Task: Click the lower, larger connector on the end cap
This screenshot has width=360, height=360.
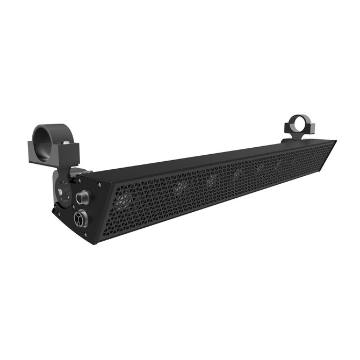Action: [79, 219]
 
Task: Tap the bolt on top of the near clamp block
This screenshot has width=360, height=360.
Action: [65, 142]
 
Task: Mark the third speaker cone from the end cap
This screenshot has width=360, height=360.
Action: [211, 178]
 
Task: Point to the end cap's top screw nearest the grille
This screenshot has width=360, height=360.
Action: [99, 183]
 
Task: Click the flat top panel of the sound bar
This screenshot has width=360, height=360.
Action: [215, 159]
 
